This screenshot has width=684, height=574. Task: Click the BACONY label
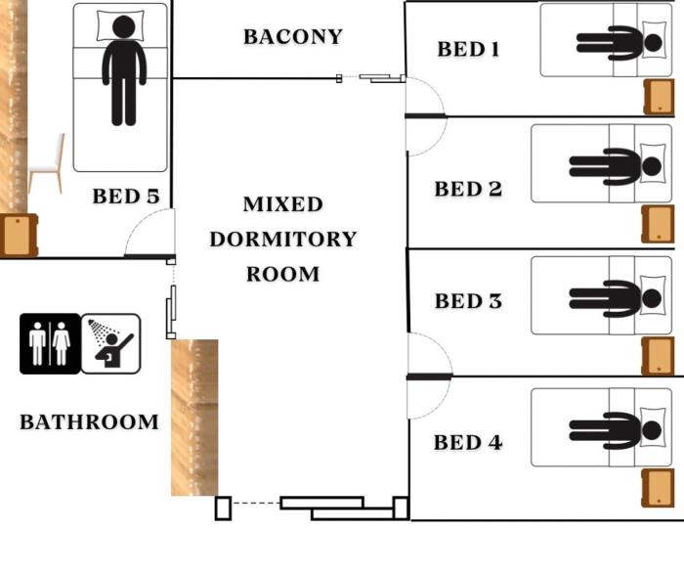click(x=293, y=36)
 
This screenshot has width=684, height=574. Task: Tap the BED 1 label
click(x=468, y=49)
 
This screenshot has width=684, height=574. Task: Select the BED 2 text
click(x=468, y=189)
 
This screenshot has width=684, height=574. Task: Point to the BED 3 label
click(x=468, y=301)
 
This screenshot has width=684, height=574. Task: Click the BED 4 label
click(x=468, y=443)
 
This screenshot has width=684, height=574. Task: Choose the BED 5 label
click(x=126, y=197)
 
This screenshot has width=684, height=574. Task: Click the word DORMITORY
click(x=283, y=240)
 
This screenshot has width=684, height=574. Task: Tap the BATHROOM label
click(x=89, y=422)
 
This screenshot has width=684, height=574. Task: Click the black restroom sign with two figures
click(x=50, y=343)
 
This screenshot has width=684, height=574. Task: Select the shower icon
click(x=110, y=343)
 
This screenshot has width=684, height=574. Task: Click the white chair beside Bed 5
click(x=47, y=163)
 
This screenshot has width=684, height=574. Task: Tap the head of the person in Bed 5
click(x=123, y=26)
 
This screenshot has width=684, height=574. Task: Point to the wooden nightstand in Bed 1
click(x=659, y=97)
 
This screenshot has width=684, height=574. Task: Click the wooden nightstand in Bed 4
click(x=658, y=488)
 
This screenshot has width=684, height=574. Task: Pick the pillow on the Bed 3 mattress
click(x=653, y=295)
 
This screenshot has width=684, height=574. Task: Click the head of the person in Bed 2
click(x=652, y=166)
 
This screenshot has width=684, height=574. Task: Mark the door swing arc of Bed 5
click(x=139, y=222)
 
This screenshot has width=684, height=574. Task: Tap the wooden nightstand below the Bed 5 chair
click(x=19, y=236)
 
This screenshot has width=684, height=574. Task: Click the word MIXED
click(x=283, y=204)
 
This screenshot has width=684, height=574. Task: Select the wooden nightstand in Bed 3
click(x=658, y=356)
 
